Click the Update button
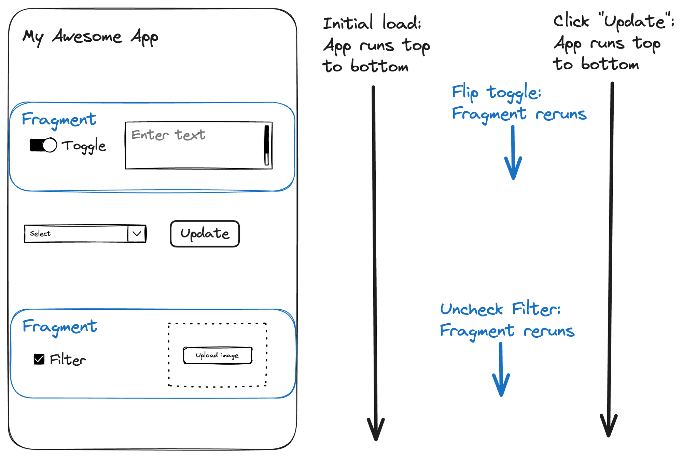(x=205, y=234)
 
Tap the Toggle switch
(x=43, y=145)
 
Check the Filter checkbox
(x=39, y=359)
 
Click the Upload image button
(x=218, y=355)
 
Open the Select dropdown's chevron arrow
(x=137, y=234)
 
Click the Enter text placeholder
(x=168, y=135)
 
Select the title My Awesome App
(x=90, y=37)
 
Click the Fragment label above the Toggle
(x=59, y=119)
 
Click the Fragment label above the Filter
(x=60, y=326)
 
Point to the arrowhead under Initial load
(x=376, y=431)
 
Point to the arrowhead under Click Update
(x=609, y=427)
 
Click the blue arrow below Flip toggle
(x=513, y=154)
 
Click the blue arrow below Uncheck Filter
(x=501, y=371)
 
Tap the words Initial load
(x=372, y=23)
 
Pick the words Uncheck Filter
(x=500, y=309)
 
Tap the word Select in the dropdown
(x=40, y=233)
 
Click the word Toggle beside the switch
(x=84, y=146)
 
